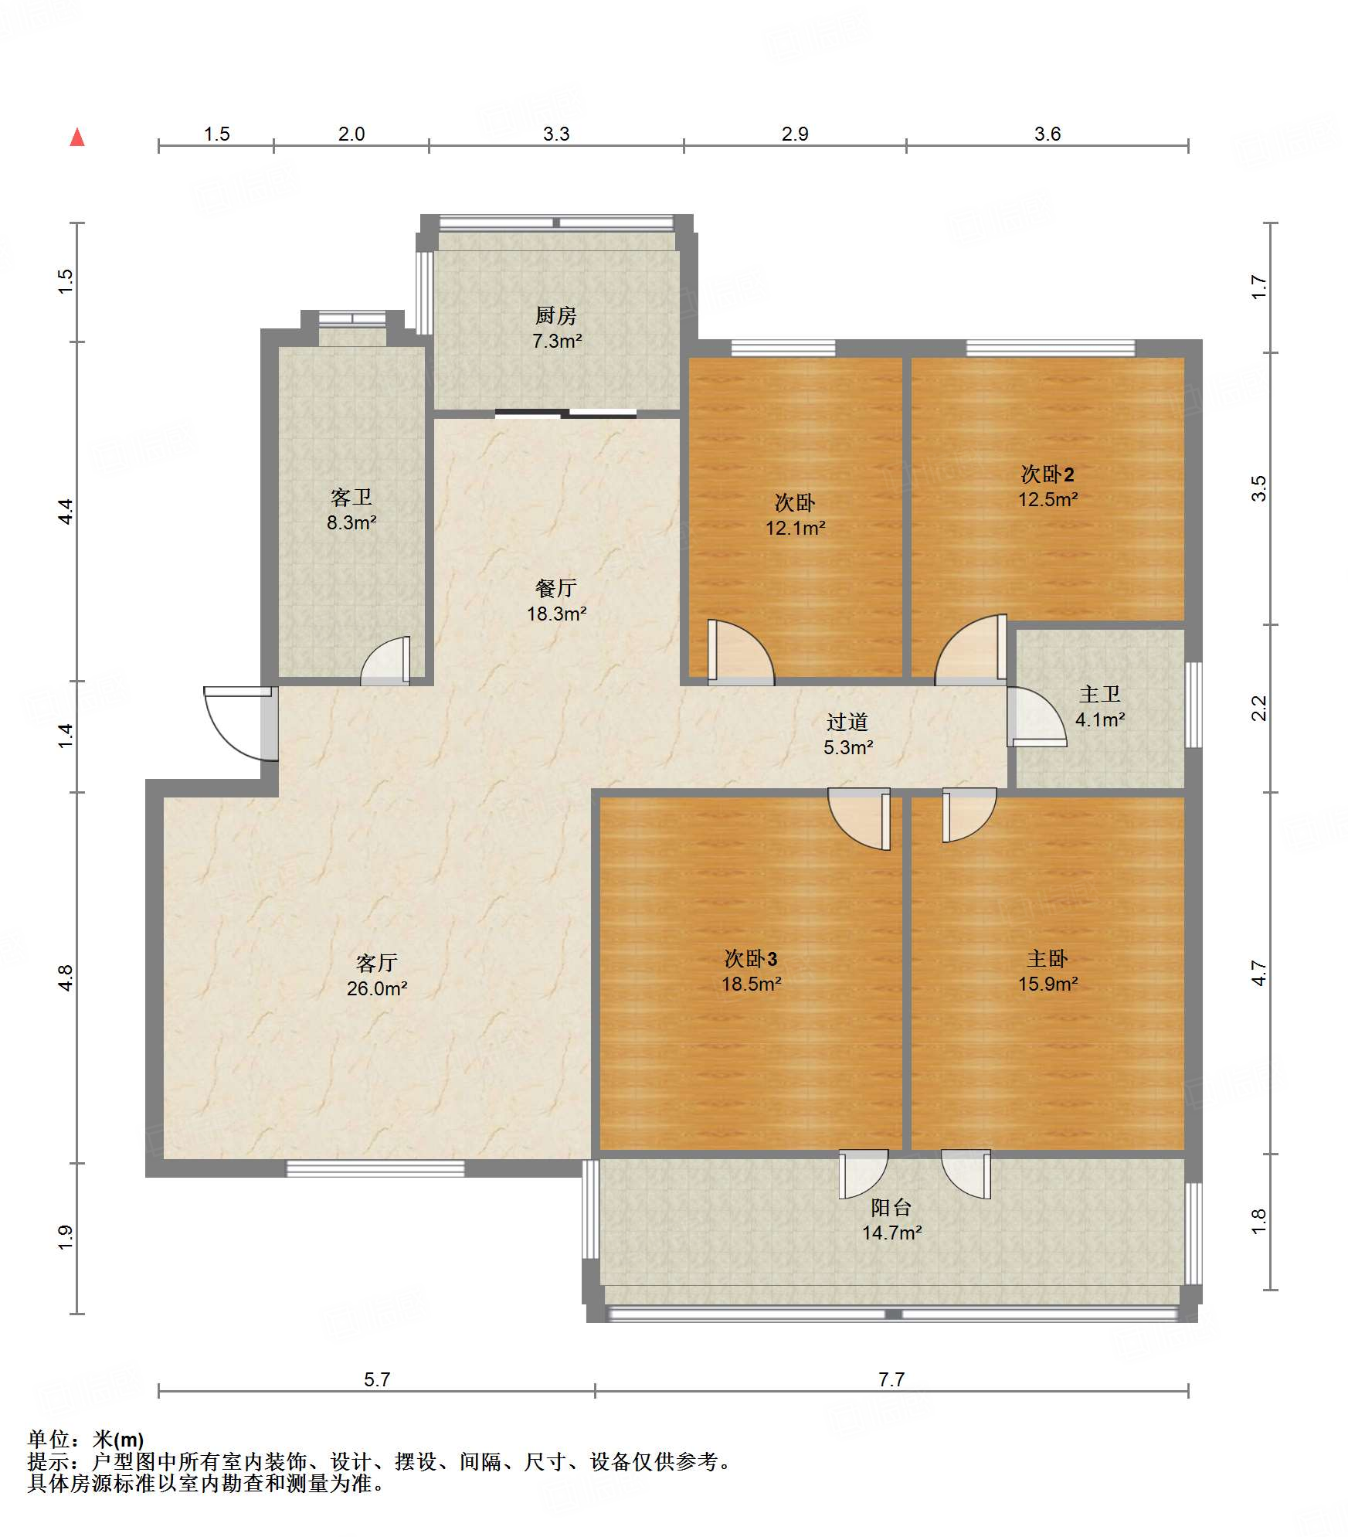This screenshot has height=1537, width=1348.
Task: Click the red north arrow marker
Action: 77,138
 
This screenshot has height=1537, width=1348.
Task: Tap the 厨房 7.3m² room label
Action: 556,328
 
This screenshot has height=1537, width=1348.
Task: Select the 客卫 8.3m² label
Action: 351,509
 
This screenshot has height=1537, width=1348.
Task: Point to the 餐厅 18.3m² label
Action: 556,600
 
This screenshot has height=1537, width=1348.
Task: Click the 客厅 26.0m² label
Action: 377,975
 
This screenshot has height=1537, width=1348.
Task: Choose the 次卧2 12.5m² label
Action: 1048,486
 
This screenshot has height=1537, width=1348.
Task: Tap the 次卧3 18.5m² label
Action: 751,971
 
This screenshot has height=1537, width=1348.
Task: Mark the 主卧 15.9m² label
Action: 1048,971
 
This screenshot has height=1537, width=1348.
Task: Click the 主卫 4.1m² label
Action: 1100,706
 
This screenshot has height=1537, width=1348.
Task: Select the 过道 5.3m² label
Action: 848,734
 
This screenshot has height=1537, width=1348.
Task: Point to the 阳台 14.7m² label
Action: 891,1219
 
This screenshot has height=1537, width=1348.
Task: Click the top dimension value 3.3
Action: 556,134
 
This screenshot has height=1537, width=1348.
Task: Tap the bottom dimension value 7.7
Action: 891,1379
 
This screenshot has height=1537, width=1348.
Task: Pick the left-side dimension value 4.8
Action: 66,978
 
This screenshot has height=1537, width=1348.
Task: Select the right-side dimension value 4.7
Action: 1259,973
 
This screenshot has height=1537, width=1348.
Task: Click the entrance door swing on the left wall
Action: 239,723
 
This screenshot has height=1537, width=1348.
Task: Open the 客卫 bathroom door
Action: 385,661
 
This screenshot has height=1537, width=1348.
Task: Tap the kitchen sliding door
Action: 565,413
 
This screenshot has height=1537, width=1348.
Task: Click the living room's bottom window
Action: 375,1168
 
